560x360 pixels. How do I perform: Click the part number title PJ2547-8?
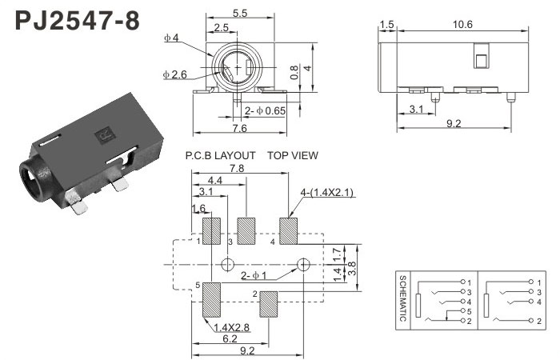click(x=78, y=20)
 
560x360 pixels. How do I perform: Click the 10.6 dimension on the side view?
click(x=462, y=25)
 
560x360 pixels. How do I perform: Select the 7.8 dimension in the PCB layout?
click(x=237, y=169)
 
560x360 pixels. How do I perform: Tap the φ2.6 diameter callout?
click(x=174, y=74)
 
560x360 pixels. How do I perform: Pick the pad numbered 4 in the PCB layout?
click(x=288, y=230)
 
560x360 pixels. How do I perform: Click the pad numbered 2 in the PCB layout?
click(x=268, y=304)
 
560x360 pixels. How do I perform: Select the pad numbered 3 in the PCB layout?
click(x=247, y=230)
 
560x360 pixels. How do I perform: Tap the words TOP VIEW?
click(x=293, y=155)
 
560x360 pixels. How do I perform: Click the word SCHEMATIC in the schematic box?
click(x=403, y=298)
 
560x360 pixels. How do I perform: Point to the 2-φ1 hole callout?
click(x=254, y=277)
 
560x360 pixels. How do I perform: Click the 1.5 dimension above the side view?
click(x=388, y=25)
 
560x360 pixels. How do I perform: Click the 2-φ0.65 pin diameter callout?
click(x=264, y=110)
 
